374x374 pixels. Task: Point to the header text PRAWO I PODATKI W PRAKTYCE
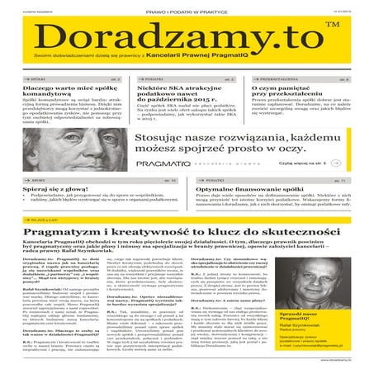187,9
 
